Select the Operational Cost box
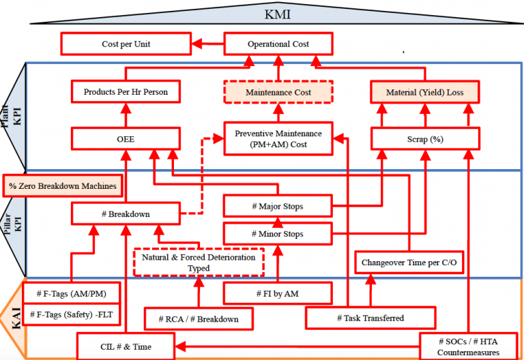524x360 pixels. (277, 44)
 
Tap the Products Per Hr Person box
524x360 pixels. (126, 91)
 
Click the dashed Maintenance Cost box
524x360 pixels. (278, 92)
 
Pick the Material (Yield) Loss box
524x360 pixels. (424, 92)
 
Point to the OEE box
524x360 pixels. (126, 139)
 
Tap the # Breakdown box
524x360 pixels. (126, 213)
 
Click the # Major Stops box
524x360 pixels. (278, 205)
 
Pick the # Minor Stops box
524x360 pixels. (278, 234)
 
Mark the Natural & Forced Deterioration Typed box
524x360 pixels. (199, 262)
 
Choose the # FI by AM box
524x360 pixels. (278, 293)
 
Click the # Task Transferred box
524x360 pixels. (370, 318)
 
